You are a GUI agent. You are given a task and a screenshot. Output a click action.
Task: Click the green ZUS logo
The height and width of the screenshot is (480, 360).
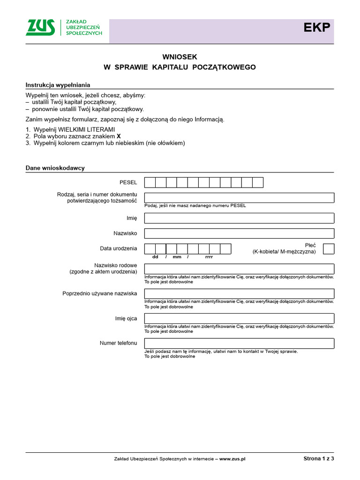click(x=40, y=28)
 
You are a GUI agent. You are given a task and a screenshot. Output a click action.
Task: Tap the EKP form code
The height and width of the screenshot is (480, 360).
click(x=316, y=28)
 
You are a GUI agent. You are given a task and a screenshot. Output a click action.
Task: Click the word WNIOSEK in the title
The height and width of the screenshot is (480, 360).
click(x=180, y=56)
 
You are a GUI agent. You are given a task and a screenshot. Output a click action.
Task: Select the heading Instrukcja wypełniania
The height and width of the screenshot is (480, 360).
click(x=58, y=85)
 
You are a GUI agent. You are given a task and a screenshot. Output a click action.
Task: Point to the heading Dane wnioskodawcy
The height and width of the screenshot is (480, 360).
click(x=55, y=168)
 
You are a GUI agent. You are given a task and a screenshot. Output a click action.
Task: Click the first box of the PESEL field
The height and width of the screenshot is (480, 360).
click(x=150, y=182)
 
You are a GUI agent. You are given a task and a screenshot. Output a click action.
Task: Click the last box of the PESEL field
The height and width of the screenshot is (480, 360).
click(x=258, y=182)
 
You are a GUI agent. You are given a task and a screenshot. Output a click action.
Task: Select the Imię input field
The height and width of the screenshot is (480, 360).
click(x=239, y=218)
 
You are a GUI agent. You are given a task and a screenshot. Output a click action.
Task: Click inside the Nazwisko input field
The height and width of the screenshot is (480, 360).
click(x=239, y=233)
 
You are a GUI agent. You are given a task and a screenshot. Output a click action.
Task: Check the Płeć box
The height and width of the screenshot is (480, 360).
click(x=329, y=248)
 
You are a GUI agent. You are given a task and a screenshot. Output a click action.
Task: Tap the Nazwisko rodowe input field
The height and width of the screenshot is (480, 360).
click(x=239, y=269)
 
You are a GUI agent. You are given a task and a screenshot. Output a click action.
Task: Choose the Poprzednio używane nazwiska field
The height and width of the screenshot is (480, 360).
click(x=239, y=293)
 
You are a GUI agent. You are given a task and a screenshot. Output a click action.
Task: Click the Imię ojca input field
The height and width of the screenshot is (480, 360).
click(x=239, y=319)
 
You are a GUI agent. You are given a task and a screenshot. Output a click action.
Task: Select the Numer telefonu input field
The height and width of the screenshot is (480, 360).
click(x=239, y=344)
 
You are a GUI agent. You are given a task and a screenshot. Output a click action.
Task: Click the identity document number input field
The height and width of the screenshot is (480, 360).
click(x=239, y=197)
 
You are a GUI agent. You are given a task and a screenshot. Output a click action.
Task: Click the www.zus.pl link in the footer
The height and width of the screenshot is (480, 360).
click(x=232, y=459)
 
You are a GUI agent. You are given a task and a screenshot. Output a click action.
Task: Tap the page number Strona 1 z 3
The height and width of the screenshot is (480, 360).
click(x=319, y=459)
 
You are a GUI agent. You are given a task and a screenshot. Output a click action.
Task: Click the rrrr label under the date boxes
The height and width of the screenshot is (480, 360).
click(x=209, y=257)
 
